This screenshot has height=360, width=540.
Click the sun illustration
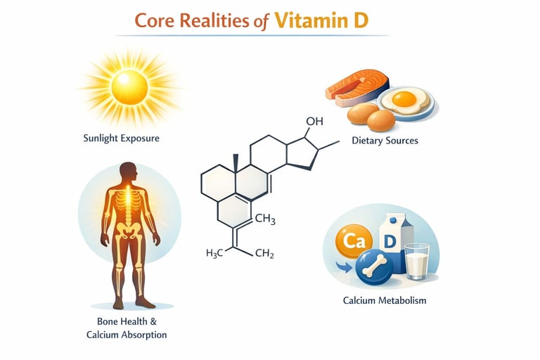(129, 86)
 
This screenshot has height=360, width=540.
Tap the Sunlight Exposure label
(121, 138)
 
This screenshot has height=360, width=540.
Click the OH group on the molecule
(314, 122)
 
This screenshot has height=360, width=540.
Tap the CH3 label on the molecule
(264, 220)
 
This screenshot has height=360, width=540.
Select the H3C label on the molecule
(218, 254)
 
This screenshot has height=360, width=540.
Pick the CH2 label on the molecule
(264, 254)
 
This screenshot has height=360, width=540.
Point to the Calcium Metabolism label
(384, 301)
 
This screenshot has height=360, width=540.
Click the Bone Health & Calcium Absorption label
(127, 328)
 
